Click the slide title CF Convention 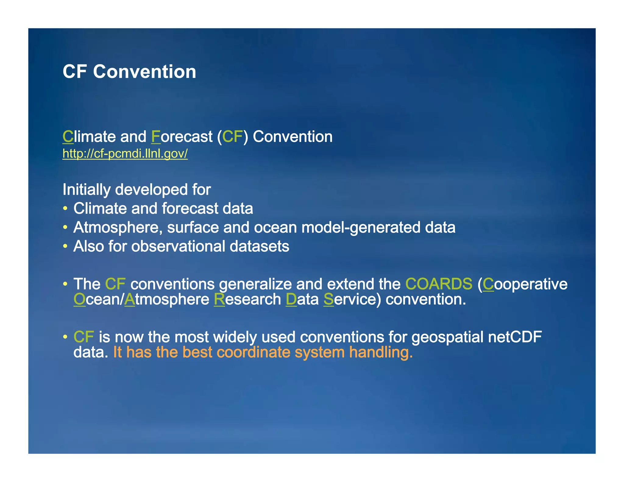[129, 72]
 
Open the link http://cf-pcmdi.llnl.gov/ [125, 154]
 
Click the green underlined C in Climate [68, 136]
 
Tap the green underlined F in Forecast [156, 136]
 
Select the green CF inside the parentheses [232, 136]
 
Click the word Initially [86, 190]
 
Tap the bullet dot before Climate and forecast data [65, 209]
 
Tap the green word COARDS [439, 284]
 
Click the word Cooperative [525, 284]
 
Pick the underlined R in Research [219, 299]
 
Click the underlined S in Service [328, 299]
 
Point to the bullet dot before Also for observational [65, 246]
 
